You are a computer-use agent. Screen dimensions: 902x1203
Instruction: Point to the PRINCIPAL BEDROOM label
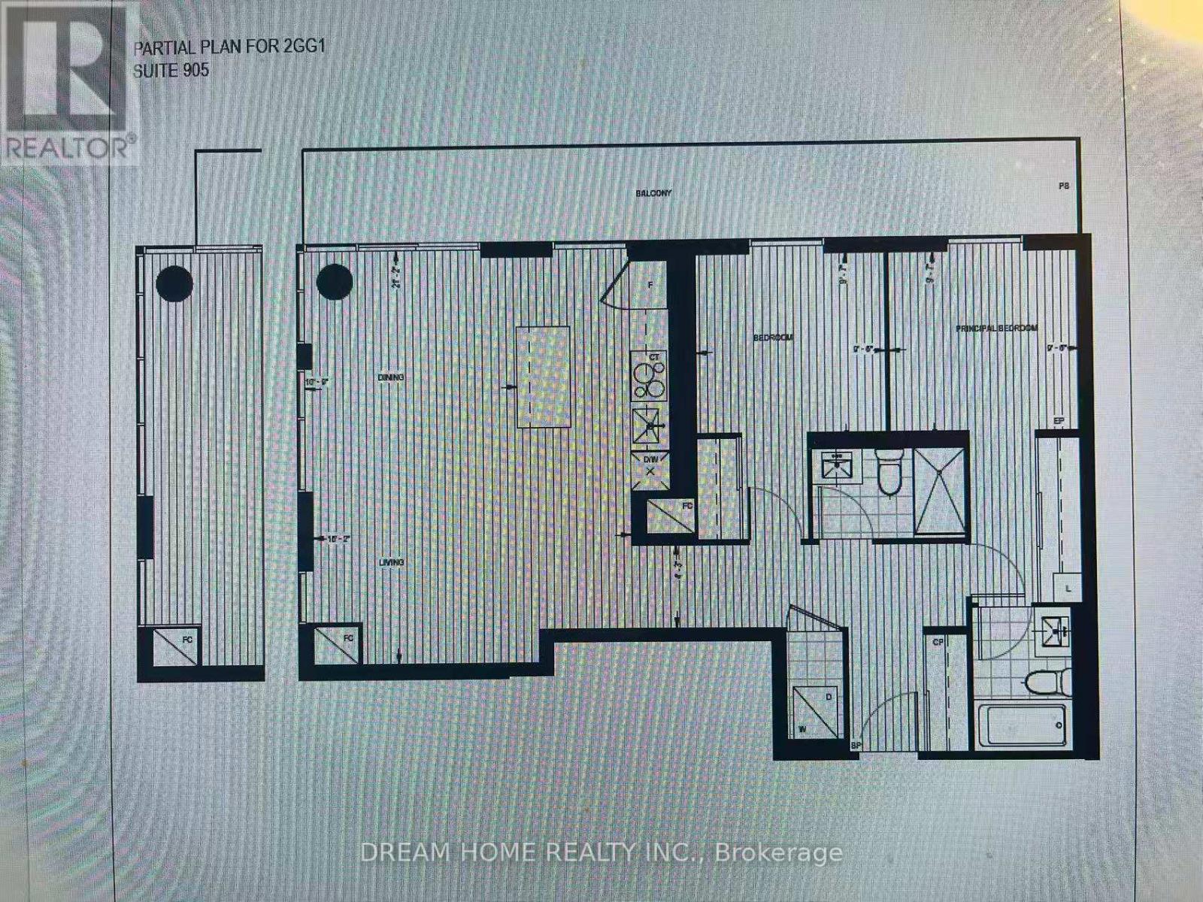click(x=996, y=328)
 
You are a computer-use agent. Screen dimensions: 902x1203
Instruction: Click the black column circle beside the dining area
click(x=335, y=283)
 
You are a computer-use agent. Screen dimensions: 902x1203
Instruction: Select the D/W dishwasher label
click(x=650, y=459)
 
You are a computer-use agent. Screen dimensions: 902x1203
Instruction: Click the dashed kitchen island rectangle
click(x=542, y=376)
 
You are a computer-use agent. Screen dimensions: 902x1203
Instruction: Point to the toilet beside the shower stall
click(x=889, y=473)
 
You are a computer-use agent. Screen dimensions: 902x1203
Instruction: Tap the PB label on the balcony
click(x=1064, y=186)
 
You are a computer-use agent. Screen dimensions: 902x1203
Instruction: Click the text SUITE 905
click(x=171, y=71)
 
